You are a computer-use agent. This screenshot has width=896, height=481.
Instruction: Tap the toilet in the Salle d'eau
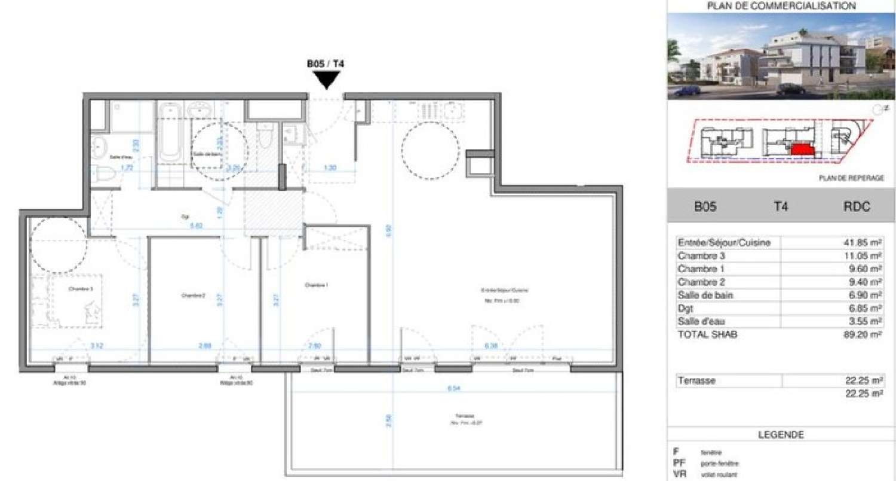(x=102, y=173)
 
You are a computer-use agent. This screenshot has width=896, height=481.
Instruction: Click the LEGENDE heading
(x=781, y=435)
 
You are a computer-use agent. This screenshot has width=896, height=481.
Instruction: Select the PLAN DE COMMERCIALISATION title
(x=781, y=7)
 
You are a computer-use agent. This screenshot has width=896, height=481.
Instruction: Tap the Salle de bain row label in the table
(x=705, y=295)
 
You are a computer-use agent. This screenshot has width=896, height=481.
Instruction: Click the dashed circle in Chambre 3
(x=59, y=244)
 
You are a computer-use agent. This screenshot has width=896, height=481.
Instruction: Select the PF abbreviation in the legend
(x=677, y=463)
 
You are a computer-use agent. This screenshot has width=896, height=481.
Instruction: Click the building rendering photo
(x=781, y=57)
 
